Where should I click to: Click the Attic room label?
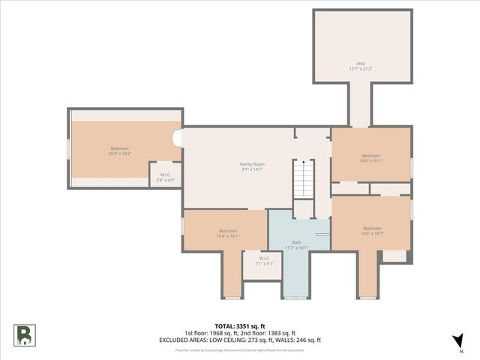click(x=361, y=66)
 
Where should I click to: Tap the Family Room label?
click(x=252, y=166)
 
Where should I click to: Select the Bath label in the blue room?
click(x=297, y=244)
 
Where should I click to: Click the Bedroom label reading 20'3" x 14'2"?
click(x=120, y=151)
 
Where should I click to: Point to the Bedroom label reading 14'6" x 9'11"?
click(x=370, y=158)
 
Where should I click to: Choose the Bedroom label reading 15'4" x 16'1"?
click(x=227, y=233)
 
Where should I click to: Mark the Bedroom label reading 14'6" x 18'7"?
click(x=372, y=231)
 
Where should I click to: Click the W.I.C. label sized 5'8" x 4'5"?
click(x=165, y=178)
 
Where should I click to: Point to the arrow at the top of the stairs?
click(x=302, y=161)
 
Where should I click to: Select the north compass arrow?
click(x=458, y=341)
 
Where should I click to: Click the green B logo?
click(x=24, y=334)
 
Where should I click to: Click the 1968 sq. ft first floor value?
click(x=217, y=333)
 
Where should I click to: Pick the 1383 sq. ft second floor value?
click(x=282, y=333)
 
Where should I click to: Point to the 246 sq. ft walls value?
click(x=308, y=340)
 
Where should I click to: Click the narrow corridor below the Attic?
click(x=361, y=106)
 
